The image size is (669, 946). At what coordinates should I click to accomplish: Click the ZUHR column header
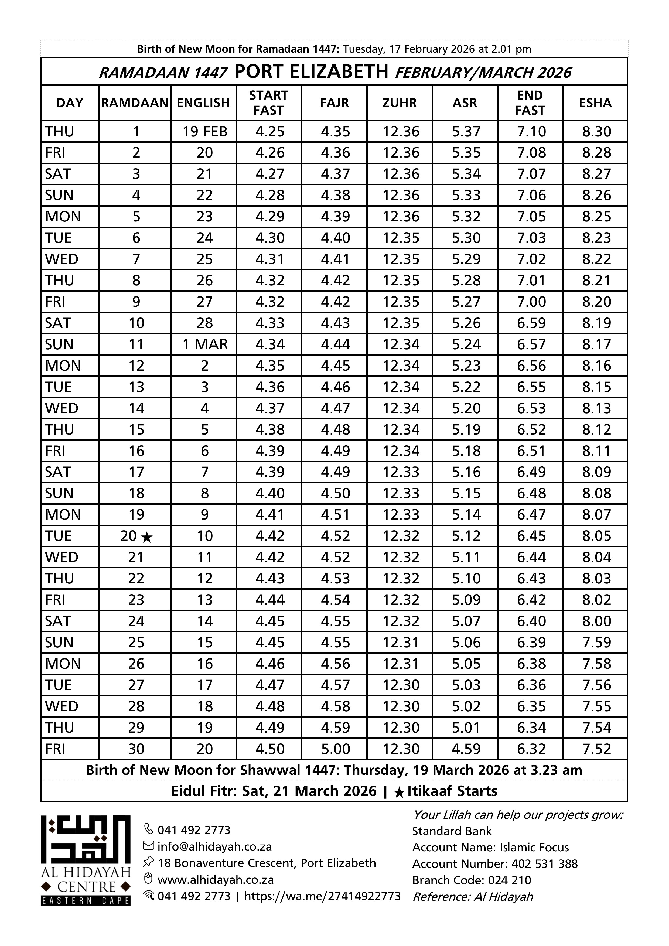399,103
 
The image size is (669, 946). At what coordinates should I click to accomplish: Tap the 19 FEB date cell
205,131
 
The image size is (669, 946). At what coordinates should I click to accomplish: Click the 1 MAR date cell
205,344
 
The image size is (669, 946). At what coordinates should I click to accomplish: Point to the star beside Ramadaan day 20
147,537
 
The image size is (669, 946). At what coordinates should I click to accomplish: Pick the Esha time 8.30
596,131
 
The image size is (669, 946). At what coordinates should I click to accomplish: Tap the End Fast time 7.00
531,302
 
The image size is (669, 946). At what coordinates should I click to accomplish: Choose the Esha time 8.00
596,621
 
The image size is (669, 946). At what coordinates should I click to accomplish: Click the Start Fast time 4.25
270,131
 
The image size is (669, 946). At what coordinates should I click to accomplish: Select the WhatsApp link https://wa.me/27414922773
322,896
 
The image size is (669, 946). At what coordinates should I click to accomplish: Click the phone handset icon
148,829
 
